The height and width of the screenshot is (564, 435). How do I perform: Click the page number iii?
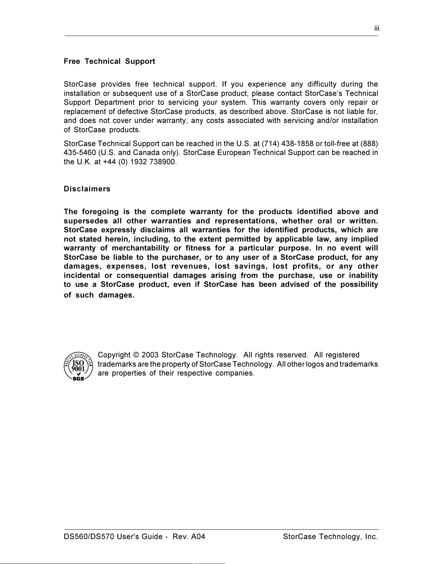(377, 29)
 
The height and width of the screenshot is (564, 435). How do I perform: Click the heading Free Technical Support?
(109, 61)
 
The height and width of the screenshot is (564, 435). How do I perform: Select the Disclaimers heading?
(87, 189)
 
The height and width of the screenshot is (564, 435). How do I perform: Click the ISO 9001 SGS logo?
(78, 366)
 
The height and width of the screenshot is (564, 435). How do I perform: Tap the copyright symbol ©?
(136, 355)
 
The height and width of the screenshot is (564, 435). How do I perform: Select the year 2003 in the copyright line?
(150, 355)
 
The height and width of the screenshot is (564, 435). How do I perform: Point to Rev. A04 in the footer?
(189, 537)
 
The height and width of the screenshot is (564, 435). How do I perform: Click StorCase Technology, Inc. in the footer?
(330, 537)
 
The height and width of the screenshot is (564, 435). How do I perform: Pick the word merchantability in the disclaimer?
(140, 248)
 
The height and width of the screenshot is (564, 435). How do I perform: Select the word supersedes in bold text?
(86, 221)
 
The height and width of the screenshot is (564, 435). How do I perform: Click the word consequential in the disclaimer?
(143, 275)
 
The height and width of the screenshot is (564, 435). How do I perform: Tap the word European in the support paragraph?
(233, 153)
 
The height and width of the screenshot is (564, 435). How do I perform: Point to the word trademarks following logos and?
(358, 364)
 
